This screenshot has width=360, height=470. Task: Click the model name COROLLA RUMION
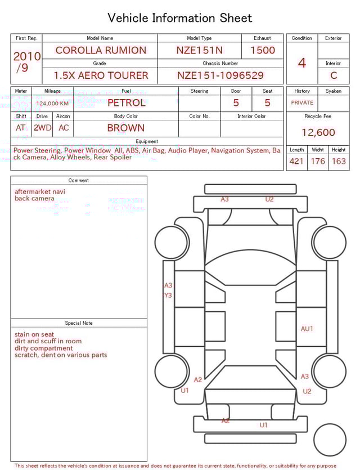click(100, 50)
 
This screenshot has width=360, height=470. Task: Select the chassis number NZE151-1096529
click(220, 75)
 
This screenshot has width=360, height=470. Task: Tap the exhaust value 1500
click(262, 50)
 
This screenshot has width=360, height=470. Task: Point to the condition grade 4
click(301, 63)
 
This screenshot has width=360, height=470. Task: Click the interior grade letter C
click(333, 75)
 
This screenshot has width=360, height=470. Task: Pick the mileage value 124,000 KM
click(52, 104)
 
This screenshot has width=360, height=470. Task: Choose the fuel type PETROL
click(126, 102)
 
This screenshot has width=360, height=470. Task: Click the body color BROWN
click(126, 128)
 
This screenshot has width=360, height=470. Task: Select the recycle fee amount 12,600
click(318, 133)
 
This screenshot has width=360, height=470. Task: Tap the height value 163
click(339, 162)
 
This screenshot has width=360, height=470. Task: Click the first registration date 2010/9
click(26, 62)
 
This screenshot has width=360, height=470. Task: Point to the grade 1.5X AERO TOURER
click(101, 75)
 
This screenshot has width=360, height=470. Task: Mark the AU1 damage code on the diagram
click(307, 329)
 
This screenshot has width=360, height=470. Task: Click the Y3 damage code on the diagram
click(168, 296)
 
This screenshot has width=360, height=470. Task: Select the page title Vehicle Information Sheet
click(180, 18)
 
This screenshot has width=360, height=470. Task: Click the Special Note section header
click(79, 323)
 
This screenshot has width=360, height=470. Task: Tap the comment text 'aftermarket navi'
click(39, 191)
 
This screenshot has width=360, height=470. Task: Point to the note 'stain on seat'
click(34, 334)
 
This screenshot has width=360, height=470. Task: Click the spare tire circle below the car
click(330, 440)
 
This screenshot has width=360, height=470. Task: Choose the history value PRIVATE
click(302, 103)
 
